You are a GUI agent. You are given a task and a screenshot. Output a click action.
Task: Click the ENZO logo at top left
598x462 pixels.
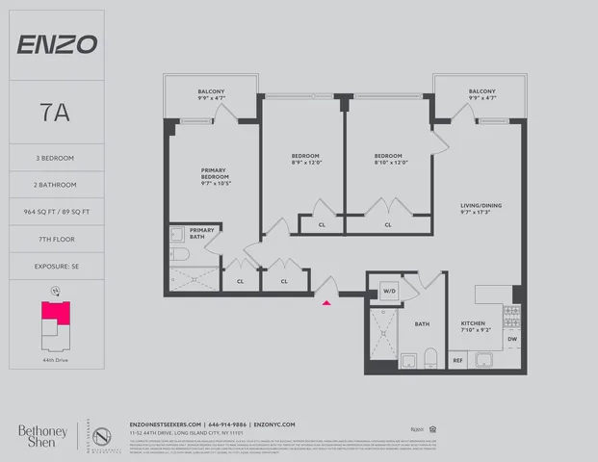click(56, 44)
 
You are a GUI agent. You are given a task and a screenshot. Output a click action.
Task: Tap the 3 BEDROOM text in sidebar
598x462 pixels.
click(56, 158)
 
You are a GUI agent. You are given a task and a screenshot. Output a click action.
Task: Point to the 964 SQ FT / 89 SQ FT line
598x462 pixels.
click(56, 185)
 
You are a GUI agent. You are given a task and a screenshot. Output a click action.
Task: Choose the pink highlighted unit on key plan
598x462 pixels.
click(54, 312)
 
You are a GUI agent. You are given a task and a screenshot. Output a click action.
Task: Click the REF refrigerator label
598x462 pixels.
click(458, 361)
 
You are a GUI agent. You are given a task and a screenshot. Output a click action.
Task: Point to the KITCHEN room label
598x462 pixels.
click(475, 326)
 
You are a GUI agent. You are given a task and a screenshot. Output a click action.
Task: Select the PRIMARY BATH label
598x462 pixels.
click(202, 234)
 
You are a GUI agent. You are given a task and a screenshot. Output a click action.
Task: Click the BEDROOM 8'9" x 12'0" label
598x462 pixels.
click(305, 159)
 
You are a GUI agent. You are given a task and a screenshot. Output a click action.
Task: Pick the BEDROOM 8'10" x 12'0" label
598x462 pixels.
click(388, 159)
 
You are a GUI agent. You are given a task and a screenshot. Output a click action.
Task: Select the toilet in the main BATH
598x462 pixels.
click(430, 360)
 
